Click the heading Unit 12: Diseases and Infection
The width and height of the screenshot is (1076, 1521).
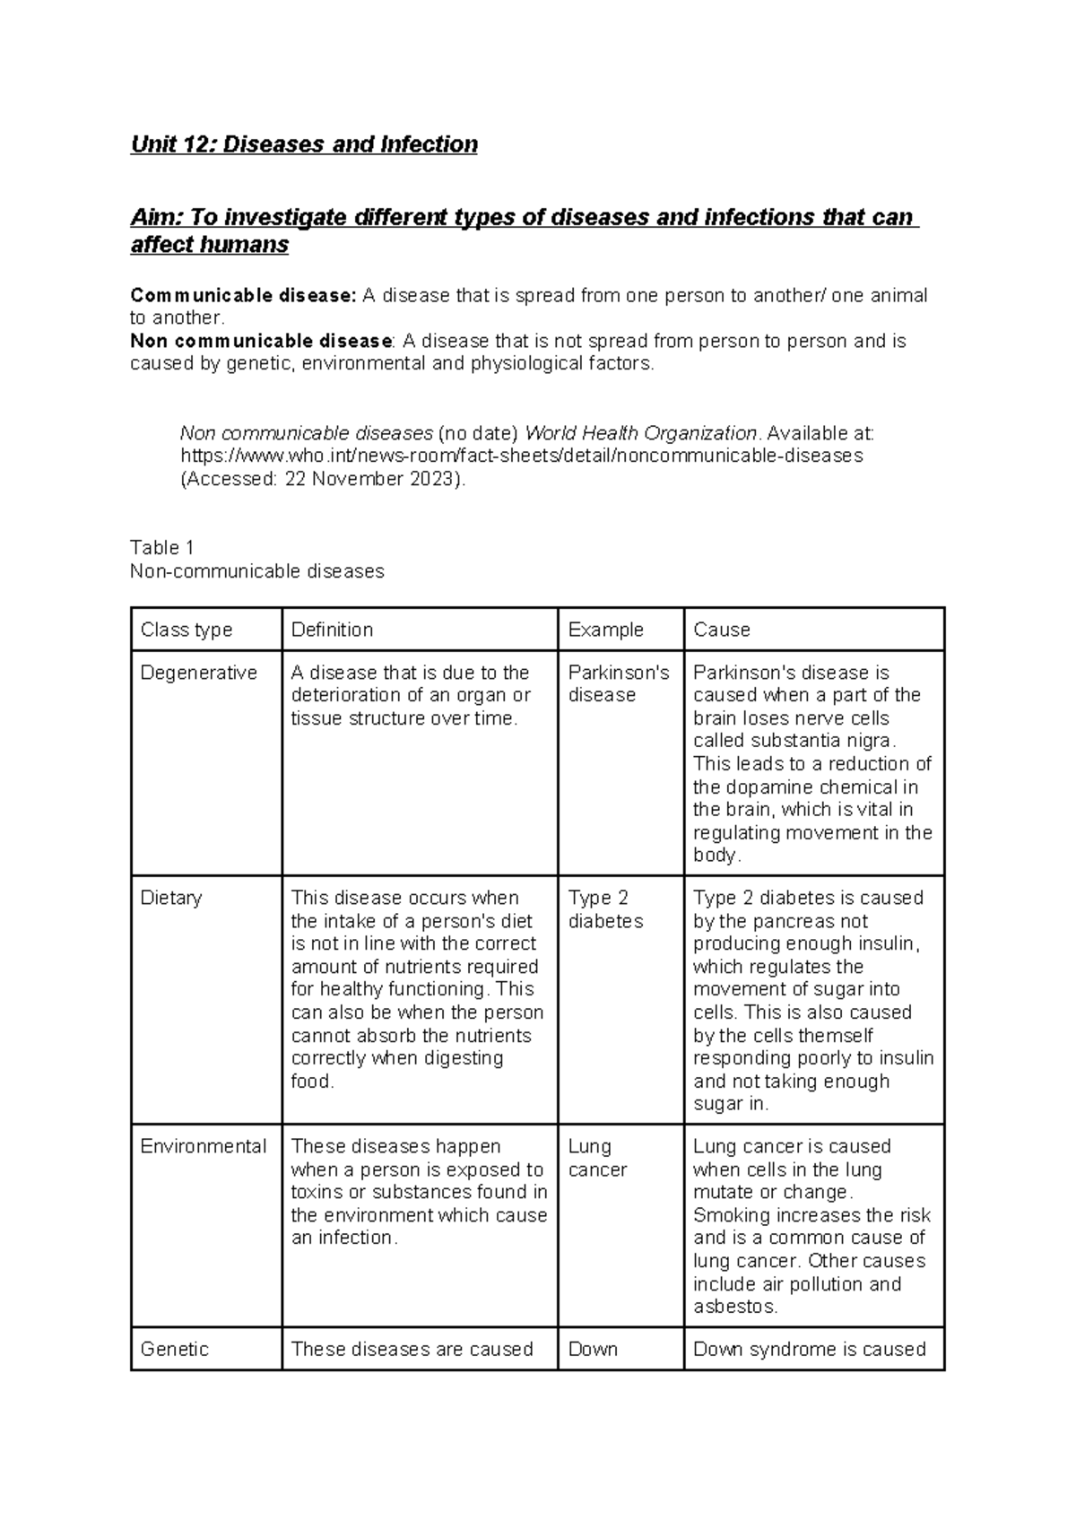pos(304,144)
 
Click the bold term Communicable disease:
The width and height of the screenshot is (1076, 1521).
pos(243,295)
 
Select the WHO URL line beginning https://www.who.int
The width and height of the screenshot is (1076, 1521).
pos(521,456)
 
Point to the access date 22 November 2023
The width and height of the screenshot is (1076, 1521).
pos(373,479)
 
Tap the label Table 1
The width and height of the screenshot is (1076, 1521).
pos(161,548)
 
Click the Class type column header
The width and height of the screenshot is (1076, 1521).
pos(186,630)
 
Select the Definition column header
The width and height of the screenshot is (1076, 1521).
pos(332,630)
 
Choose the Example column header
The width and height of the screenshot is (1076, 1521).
pos(605,630)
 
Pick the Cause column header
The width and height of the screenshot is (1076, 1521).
pos(721,630)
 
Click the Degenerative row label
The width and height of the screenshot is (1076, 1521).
pos(198,673)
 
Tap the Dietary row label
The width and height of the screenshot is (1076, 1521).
pos(170,898)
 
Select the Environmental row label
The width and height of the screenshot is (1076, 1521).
pos(203,1146)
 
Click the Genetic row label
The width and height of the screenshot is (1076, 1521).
pos(174,1349)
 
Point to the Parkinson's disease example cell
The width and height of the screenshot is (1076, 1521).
pos(618,683)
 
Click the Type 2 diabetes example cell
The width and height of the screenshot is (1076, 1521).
pos(605,909)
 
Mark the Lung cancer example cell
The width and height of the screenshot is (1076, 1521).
pos(597,1158)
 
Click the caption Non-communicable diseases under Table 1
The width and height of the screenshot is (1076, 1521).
pos(256,571)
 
